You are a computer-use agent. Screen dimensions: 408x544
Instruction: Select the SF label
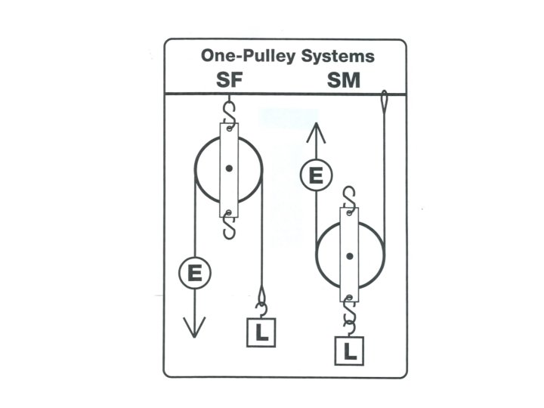tap(229, 81)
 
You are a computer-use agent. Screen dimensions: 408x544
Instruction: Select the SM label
tap(345, 81)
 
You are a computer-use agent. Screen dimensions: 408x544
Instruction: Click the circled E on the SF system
tap(195, 273)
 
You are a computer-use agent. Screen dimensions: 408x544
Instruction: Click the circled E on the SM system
tap(315, 176)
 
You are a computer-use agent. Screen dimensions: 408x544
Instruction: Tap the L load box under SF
tap(261, 332)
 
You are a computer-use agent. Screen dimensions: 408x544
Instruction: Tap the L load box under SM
tap(349, 350)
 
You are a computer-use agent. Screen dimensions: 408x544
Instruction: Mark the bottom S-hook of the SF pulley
tap(229, 224)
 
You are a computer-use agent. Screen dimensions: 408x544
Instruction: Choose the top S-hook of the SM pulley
tap(349, 198)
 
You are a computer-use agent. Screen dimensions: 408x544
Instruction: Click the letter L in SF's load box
tap(261, 333)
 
